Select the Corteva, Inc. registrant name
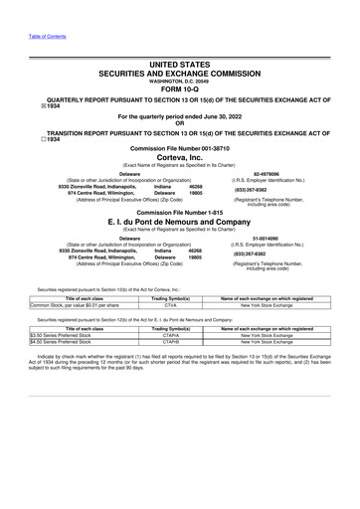180,159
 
